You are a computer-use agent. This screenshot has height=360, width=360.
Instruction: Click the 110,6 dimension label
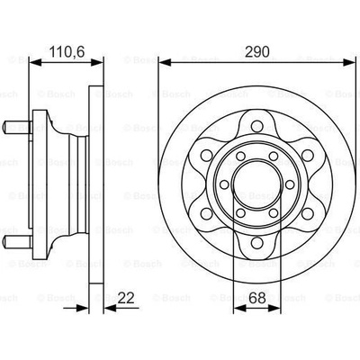point(67,52)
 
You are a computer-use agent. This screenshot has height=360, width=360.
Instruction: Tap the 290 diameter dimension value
point(257,52)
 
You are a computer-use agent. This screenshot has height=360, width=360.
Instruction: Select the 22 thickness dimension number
point(126,299)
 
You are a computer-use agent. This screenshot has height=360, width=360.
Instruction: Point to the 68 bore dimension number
point(257,299)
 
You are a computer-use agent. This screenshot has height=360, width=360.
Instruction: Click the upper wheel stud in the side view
point(17,127)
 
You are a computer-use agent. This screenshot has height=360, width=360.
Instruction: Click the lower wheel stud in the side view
point(17,241)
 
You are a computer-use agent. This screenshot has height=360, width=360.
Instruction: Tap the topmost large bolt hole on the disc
point(256,125)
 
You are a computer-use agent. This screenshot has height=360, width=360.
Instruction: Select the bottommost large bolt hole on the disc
point(256,242)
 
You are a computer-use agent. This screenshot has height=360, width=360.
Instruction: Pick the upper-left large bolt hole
point(206,155)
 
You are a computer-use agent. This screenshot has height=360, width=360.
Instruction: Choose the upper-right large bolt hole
point(308,155)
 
